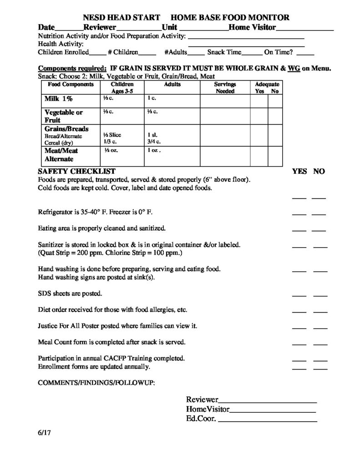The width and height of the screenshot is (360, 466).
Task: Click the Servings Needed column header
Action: coord(225,88)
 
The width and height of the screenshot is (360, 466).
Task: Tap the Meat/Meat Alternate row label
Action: coord(61,155)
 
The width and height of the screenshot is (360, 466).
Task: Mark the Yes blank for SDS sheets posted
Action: coord(299,296)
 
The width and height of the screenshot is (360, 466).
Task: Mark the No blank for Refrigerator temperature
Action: coord(319,213)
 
